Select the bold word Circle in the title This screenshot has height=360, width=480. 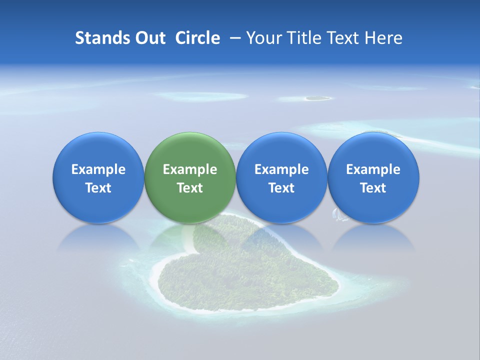197,38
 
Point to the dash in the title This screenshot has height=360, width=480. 233,38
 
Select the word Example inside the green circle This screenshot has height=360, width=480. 190,169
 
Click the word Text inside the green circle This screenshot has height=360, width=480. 190,188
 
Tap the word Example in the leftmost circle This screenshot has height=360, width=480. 98,169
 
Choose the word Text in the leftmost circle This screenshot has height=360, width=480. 98,188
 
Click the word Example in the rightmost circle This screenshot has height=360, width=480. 373,169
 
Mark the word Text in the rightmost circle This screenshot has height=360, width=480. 373,188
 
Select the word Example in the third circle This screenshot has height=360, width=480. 281,169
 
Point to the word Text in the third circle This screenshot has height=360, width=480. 281,188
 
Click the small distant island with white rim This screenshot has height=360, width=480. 317,98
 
